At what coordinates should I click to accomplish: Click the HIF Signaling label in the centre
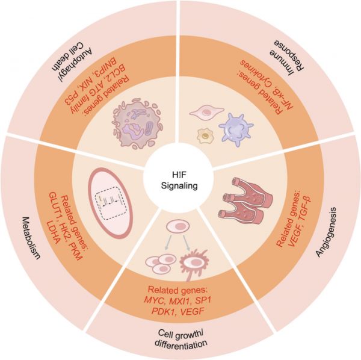pos(179,181)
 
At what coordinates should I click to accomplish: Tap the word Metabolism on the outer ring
pos(30,238)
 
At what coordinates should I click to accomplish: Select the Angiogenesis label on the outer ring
pos(326,232)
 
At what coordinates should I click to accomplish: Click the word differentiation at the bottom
pos(181,344)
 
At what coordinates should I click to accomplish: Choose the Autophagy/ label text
pos(79,63)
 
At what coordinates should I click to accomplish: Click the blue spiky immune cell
pos(236,129)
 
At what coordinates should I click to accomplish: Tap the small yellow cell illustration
pos(205,135)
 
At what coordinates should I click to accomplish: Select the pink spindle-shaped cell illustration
pos(207,112)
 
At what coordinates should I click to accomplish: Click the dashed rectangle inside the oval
pos(111,202)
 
